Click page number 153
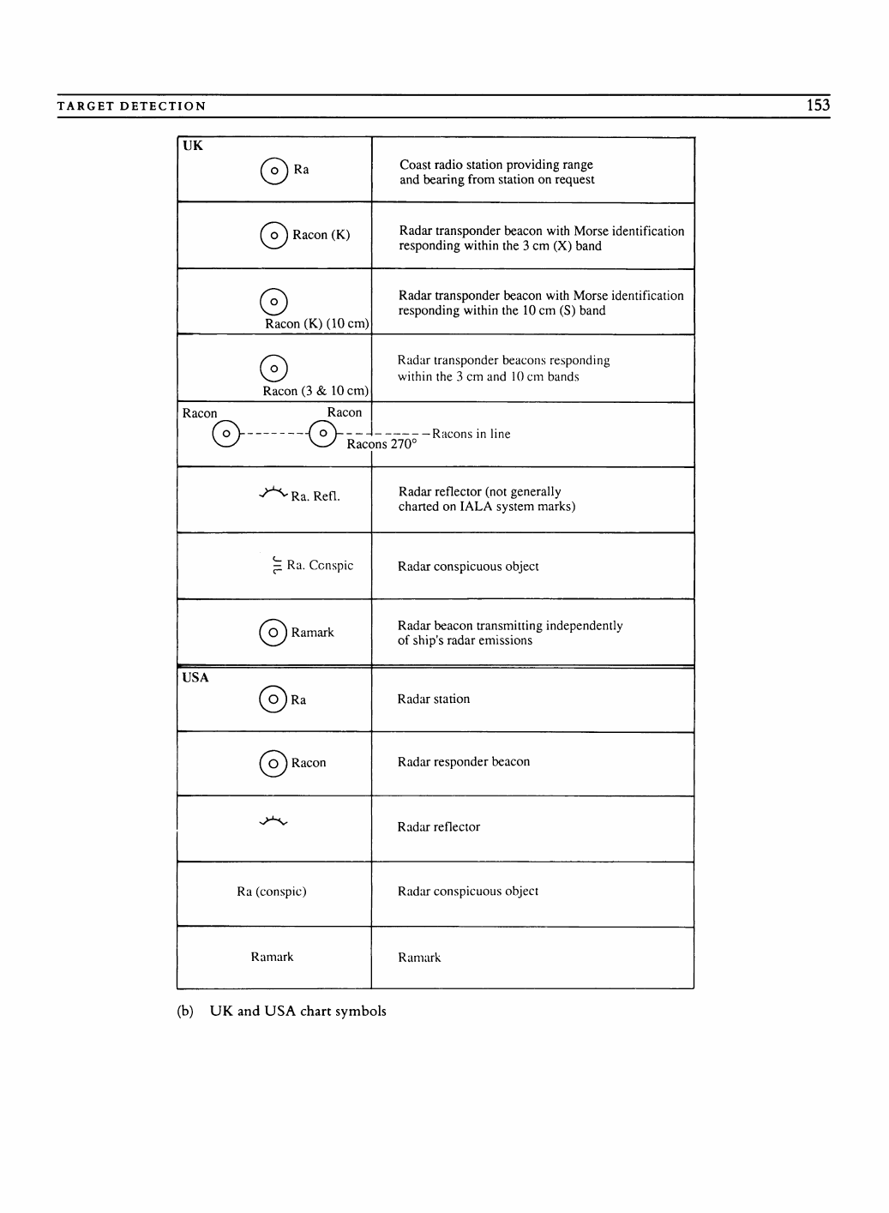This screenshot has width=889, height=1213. click(818, 105)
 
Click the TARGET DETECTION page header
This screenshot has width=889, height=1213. click(131, 106)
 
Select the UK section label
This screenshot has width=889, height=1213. click(193, 146)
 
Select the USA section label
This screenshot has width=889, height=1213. click(195, 677)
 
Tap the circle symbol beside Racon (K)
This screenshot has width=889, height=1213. click(273, 235)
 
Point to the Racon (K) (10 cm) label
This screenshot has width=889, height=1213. click(316, 324)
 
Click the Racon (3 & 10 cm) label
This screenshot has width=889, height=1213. click(315, 391)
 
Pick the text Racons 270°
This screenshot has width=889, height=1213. click(381, 444)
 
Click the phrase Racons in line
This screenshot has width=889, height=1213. click(471, 434)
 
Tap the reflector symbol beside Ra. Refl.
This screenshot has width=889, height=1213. click(273, 493)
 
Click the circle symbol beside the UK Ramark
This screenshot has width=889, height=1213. click(273, 633)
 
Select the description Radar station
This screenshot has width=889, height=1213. click(433, 700)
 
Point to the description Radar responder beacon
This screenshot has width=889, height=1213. click(463, 762)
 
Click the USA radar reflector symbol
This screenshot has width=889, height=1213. click(273, 823)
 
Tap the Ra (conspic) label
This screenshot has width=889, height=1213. click(272, 892)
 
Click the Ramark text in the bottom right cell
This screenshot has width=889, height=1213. click(419, 958)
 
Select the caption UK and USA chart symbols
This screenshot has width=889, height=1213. click(297, 1012)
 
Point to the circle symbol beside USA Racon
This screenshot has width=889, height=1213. click(273, 763)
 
